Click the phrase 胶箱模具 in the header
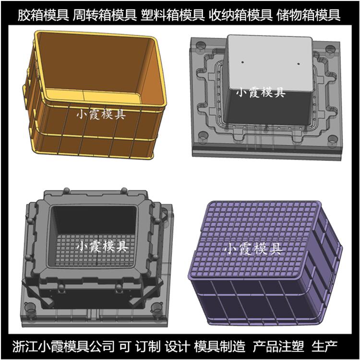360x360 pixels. pyautogui.click(x=43, y=15)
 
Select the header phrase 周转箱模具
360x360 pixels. pyautogui.click(x=105, y=15)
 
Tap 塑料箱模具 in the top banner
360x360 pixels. pyautogui.click(x=172, y=15)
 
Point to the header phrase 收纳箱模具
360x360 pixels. pyautogui.click(x=240, y=15)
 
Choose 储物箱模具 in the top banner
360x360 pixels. pyautogui.click(x=308, y=15)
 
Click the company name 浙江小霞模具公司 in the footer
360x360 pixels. pyautogui.click(x=63, y=346)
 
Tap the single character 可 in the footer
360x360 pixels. pyautogui.click(x=125, y=346)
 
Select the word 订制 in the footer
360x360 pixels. pyautogui.click(x=148, y=346)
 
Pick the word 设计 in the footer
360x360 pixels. pyautogui.click(x=177, y=346)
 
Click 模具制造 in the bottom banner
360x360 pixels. pyautogui.click(x=220, y=346)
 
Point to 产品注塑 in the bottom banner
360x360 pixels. pyautogui.click(x=278, y=346)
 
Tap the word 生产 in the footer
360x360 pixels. pyautogui.click(x=324, y=346)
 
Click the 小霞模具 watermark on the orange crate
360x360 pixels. pyautogui.click(x=101, y=114)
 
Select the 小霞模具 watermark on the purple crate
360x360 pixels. pyautogui.click(x=253, y=249)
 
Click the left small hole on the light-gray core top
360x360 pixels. pyautogui.click(x=243, y=62)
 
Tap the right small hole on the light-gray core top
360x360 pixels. pyautogui.click(x=299, y=63)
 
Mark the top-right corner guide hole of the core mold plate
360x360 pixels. pyautogui.click(x=330, y=48)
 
